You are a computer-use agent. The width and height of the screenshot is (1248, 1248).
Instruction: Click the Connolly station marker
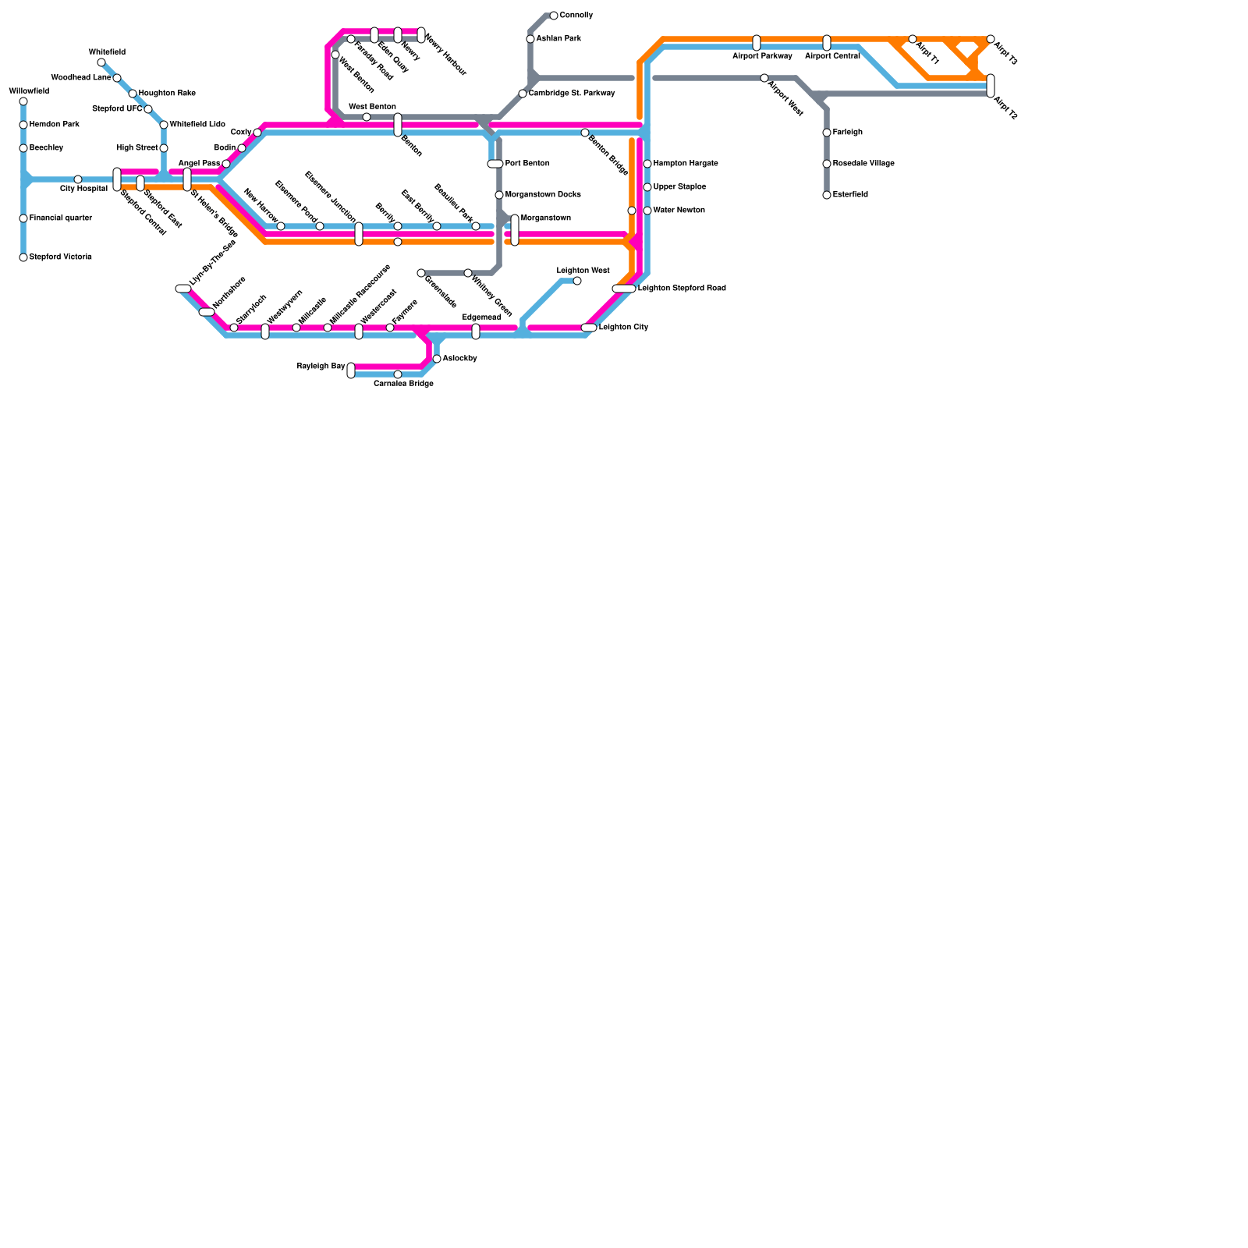coord(554,16)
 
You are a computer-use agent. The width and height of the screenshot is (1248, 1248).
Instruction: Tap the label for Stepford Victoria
coord(60,257)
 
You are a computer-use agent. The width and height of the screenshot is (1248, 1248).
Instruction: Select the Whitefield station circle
coord(101,62)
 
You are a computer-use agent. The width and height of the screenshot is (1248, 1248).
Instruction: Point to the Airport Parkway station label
coord(762,56)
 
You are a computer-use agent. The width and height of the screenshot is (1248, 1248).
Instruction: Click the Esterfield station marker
coord(827,195)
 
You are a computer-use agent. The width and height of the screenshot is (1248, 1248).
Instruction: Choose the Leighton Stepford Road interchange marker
coord(624,289)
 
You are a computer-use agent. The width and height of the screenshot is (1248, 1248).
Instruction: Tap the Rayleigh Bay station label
coord(321,366)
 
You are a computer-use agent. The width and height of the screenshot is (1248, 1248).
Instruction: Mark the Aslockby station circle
coord(437,359)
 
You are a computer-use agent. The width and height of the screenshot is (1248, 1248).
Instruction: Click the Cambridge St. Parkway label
coord(572,94)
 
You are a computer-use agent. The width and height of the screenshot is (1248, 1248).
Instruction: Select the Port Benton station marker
coord(495,164)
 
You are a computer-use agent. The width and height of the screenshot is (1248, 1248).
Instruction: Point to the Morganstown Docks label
coord(543,195)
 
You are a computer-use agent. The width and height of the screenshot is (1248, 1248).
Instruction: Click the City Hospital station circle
coord(78,179)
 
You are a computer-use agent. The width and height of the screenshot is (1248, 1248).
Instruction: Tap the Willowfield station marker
coord(23,101)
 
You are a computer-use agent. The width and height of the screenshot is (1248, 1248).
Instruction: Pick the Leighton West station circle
coord(577,281)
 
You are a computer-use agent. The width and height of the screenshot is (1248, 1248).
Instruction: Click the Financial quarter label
coord(60,218)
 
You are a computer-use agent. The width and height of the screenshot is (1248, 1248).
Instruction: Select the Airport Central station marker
coord(827,43)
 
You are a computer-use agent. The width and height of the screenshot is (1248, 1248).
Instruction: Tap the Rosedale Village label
coord(863,164)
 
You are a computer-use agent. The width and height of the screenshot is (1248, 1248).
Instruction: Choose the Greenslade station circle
coord(421,273)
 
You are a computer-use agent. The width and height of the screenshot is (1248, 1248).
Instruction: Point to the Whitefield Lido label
coord(197,125)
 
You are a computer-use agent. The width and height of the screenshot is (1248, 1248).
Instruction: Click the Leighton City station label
coord(623,328)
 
